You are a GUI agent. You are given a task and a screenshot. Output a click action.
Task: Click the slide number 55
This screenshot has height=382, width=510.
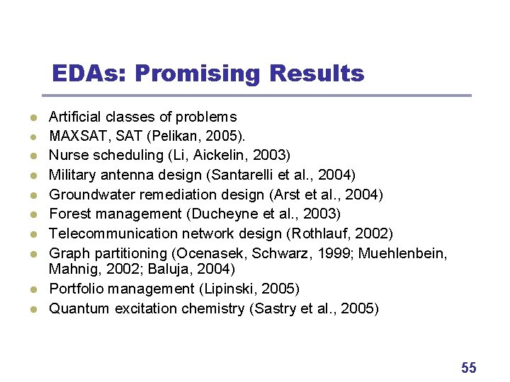pyautogui.click(x=469, y=367)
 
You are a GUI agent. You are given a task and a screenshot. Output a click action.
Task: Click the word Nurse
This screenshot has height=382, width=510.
pyautogui.click(x=67, y=155)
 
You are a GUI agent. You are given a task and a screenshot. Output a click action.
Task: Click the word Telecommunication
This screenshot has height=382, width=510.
pyautogui.click(x=109, y=233)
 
